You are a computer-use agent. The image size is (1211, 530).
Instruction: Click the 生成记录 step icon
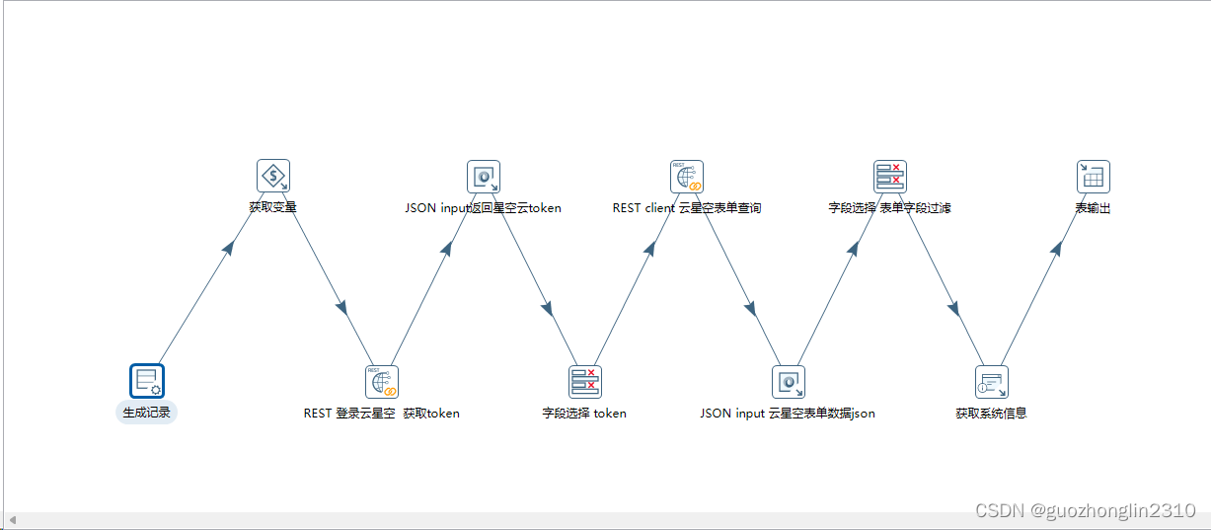[x=146, y=381]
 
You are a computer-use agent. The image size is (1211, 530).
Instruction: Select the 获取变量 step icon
[x=272, y=177]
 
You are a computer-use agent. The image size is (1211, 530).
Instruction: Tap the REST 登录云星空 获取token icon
[x=382, y=381]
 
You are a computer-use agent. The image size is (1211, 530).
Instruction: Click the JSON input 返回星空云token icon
[x=484, y=177]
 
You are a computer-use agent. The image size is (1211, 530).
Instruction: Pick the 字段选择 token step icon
[x=584, y=381]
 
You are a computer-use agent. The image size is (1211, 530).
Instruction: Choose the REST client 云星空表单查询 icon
[x=686, y=177]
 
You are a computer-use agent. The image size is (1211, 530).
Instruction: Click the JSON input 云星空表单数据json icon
[x=788, y=381]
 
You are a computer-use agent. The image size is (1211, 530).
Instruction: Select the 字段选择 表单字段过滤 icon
[x=889, y=177]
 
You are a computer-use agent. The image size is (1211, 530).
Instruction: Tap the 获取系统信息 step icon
[x=991, y=381]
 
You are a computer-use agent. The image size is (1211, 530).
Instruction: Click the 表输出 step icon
[x=1093, y=177]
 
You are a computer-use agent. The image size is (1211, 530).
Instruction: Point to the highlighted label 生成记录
[x=146, y=413]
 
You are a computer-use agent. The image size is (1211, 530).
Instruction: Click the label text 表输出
[x=1093, y=208]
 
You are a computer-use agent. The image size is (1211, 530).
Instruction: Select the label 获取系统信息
[x=991, y=414]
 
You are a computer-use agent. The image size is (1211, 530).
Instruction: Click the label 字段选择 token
[x=584, y=414]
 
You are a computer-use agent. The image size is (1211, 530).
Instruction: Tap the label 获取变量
[x=272, y=208]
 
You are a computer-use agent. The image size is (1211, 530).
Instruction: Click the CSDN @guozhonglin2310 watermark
[x=1085, y=510]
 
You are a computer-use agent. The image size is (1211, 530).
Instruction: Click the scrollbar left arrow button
[x=12, y=520]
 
